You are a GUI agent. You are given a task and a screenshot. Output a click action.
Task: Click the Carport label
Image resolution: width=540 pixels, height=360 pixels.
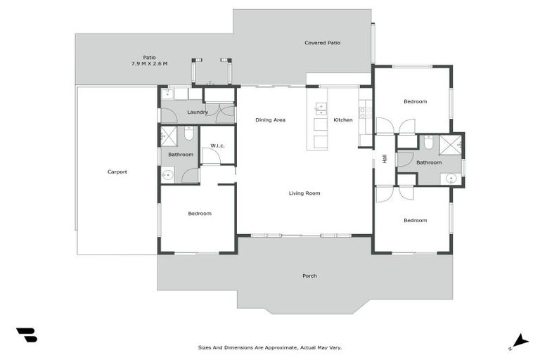click(117, 172)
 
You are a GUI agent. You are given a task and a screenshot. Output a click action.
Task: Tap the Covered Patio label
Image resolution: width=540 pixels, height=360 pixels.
click(323, 43)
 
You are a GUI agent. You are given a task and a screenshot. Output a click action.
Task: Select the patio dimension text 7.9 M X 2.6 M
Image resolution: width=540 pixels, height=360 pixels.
click(149, 64)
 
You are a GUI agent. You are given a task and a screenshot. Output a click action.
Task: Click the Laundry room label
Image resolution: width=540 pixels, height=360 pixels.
click(198, 112)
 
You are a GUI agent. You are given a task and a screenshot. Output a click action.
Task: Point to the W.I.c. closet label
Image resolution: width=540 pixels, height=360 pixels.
click(217, 146)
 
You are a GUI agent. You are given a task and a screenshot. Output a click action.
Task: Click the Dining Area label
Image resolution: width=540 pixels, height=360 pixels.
click(270, 120)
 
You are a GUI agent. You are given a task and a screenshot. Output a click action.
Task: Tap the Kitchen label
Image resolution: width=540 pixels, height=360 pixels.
click(343, 120)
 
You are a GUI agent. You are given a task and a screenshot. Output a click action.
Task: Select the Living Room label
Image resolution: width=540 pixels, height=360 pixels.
click(304, 193)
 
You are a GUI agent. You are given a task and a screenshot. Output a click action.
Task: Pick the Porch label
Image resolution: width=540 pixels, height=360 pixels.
click(309, 276)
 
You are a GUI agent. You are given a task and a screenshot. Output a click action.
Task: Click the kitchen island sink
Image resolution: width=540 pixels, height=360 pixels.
click(321, 108)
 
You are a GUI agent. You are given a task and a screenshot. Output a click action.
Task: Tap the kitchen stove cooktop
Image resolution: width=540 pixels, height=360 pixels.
click(365, 111)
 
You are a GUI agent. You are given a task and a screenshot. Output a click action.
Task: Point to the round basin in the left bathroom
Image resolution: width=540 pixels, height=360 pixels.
click(167, 176)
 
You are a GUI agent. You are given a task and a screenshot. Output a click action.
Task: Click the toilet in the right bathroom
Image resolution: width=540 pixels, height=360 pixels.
click(428, 143)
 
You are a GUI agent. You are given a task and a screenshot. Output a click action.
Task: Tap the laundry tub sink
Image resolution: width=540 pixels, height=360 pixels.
click(169, 94)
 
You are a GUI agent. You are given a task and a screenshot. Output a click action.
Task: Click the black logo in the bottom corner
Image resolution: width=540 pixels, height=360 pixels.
click(27, 335)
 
